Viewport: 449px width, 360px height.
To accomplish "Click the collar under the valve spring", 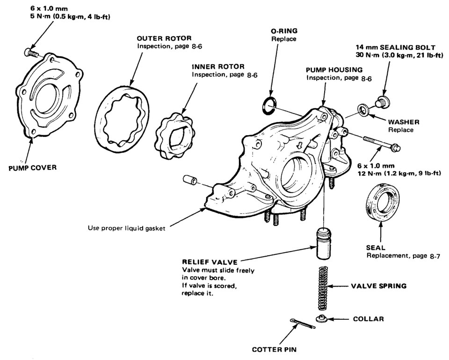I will coord(321,319).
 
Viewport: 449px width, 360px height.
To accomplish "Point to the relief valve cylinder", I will coord(322,244).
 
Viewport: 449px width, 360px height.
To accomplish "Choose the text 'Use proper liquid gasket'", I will coord(127,229).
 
